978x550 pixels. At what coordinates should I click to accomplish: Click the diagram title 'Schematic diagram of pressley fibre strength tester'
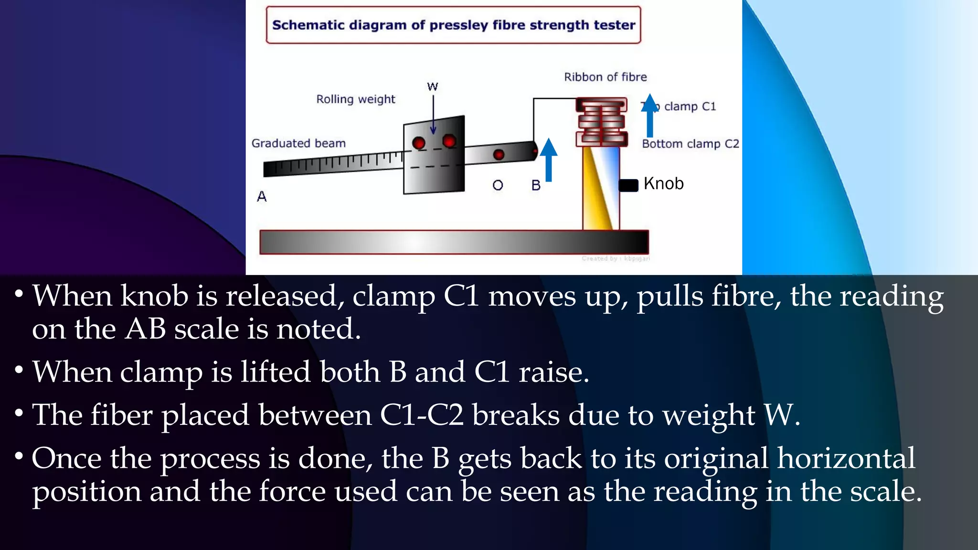click(453, 25)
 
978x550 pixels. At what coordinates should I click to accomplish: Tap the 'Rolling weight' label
click(356, 99)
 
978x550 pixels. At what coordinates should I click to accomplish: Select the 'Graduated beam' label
click(298, 143)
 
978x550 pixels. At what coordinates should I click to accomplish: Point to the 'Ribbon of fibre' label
click(605, 77)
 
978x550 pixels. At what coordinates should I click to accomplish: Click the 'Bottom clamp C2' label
click(690, 144)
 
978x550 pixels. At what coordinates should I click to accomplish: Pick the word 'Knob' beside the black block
click(663, 183)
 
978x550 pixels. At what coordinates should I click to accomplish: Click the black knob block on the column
click(628, 185)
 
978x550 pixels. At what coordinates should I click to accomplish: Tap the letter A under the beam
click(262, 196)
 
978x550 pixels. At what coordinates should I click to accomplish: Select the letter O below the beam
click(498, 185)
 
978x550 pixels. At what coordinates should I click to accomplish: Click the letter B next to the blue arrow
click(536, 185)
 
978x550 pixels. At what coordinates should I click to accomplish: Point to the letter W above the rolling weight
click(432, 86)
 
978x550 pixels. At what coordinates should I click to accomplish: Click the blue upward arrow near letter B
click(549, 159)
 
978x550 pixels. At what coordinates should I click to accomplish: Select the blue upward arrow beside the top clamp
click(649, 116)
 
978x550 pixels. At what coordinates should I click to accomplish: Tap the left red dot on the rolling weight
click(419, 143)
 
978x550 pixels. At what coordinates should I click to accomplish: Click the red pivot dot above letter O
click(499, 155)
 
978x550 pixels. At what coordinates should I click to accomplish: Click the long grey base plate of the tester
click(454, 242)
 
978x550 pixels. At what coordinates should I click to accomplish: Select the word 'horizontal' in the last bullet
click(846, 458)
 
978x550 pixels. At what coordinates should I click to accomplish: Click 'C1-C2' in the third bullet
click(422, 415)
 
